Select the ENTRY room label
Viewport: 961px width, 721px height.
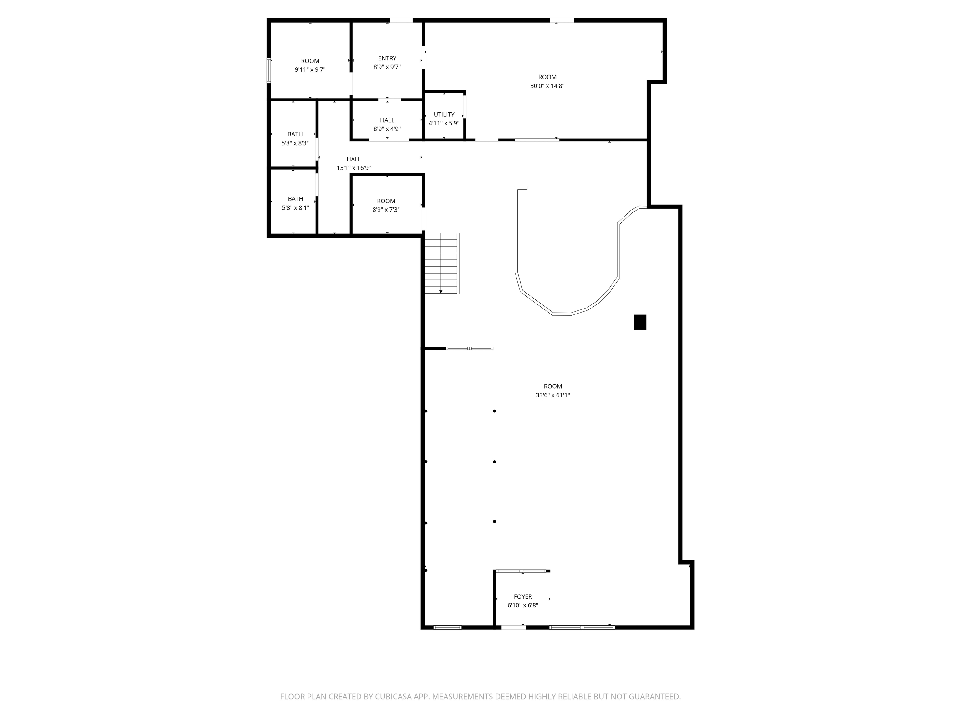pos(387,58)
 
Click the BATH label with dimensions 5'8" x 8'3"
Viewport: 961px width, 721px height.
pos(295,134)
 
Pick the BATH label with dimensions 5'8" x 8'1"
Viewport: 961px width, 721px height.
pos(295,199)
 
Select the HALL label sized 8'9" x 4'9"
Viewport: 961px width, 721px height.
pos(387,120)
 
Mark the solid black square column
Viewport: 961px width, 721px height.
pos(640,322)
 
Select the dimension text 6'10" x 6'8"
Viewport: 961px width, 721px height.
pos(523,606)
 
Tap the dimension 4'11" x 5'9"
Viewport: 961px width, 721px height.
pos(444,123)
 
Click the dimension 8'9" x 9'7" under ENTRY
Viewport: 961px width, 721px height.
pos(387,67)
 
